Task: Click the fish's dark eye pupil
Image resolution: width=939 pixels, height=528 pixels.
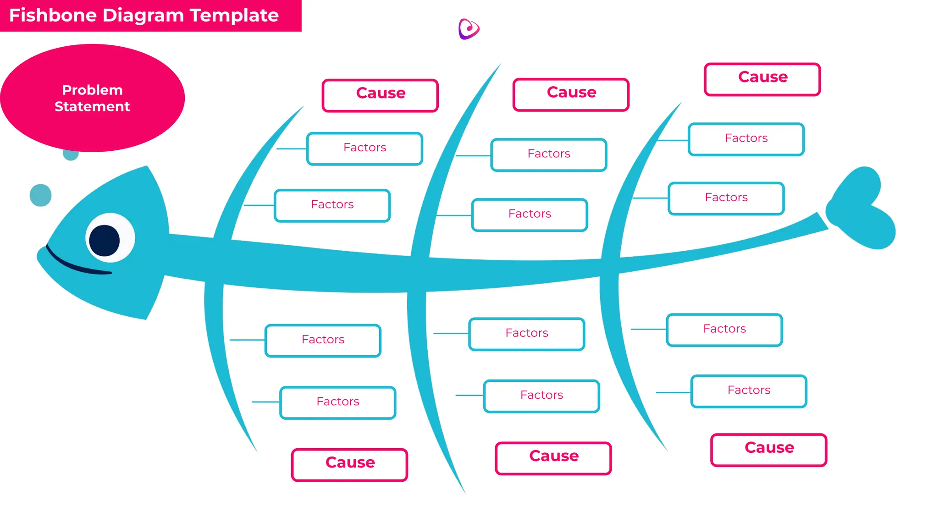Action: pyautogui.click(x=105, y=240)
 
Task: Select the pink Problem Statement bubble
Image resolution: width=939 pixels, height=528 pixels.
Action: pyautogui.click(x=92, y=98)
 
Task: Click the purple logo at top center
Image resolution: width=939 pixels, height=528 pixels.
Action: pyautogui.click(x=469, y=29)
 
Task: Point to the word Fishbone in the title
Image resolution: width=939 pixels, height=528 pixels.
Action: pyautogui.click(x=53, y=15)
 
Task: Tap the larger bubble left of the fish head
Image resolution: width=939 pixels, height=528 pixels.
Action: pyautogui.click(x=40, y=195)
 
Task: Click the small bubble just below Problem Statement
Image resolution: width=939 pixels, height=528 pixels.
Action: pyautogui.click(x=71, y=154)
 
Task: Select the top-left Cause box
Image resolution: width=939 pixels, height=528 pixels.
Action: pyautogui.click(x=380, y=95)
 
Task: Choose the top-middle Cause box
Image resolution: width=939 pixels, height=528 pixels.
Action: pyautogui.click(x=571, y=94)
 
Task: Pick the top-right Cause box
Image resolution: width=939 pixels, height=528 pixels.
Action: pyautogui.click(x=762, y=79)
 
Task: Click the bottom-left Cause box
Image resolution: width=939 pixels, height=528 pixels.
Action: pyautogui.click(x=349, y=465)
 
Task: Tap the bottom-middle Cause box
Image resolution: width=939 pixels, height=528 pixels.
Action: pyautogui.click(x=553, y=458)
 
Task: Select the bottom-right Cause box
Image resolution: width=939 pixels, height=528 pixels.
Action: pyautogui.click(x=768, y=450)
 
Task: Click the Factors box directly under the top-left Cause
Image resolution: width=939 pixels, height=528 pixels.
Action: pyautogui.click(x=365, y=148)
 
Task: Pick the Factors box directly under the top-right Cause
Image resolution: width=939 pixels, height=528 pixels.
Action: pyautogui.click(x=746, y=139)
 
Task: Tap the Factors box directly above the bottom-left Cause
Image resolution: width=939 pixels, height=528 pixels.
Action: pyautogui.click(x=337, y=402)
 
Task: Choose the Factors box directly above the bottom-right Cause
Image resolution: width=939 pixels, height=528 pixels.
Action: pyautogui.click(x=748, y=391)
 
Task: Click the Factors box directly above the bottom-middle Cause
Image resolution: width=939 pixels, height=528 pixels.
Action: pyautogui.click(x=541, y=396)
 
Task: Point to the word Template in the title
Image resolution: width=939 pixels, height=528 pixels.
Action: pyautogui.click(x=234, y=15)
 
